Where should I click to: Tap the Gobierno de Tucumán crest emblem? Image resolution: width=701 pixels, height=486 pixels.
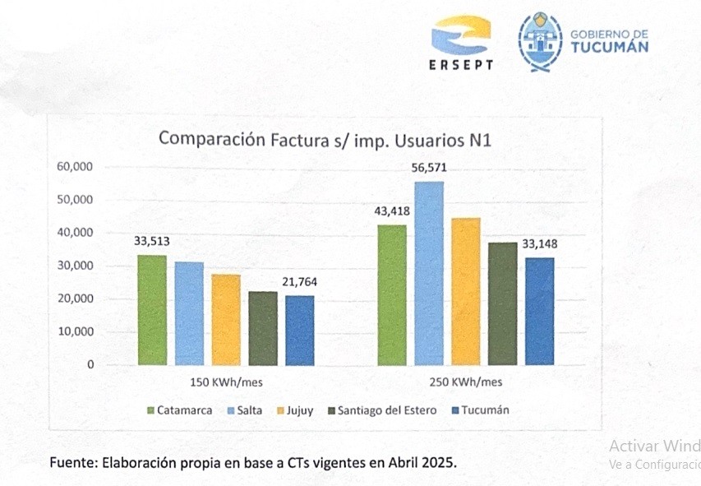tap(540, 42)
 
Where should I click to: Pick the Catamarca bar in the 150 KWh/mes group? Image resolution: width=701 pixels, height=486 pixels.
tap(152, 310)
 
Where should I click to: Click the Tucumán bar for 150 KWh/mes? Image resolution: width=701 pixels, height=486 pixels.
tap(299, 330)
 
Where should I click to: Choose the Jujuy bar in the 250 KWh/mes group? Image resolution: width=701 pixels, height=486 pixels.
tap(466, 291)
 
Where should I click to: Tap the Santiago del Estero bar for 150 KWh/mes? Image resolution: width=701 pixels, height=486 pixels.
tap(263, 328)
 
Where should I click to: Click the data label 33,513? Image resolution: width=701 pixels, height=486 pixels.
tap(152, 242)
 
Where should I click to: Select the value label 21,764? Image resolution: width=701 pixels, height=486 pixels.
tap(302, 282)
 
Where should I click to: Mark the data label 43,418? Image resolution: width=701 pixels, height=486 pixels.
tap(391, 211)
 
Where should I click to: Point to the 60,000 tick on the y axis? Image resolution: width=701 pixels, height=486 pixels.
tap(76, 167)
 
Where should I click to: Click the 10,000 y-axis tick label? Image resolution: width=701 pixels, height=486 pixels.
tap(76, 331)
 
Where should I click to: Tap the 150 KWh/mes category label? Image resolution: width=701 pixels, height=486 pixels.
tap(226, 382)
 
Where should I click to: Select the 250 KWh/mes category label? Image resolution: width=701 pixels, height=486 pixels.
tap(465, 382)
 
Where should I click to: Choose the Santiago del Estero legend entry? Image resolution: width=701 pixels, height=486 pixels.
tap(381, 410)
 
